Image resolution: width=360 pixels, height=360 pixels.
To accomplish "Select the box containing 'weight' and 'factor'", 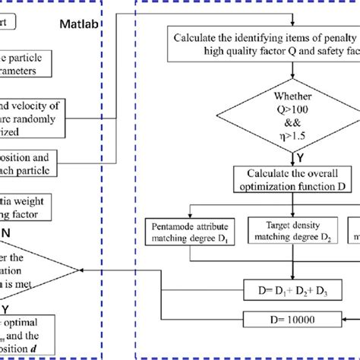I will click(27, 207).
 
